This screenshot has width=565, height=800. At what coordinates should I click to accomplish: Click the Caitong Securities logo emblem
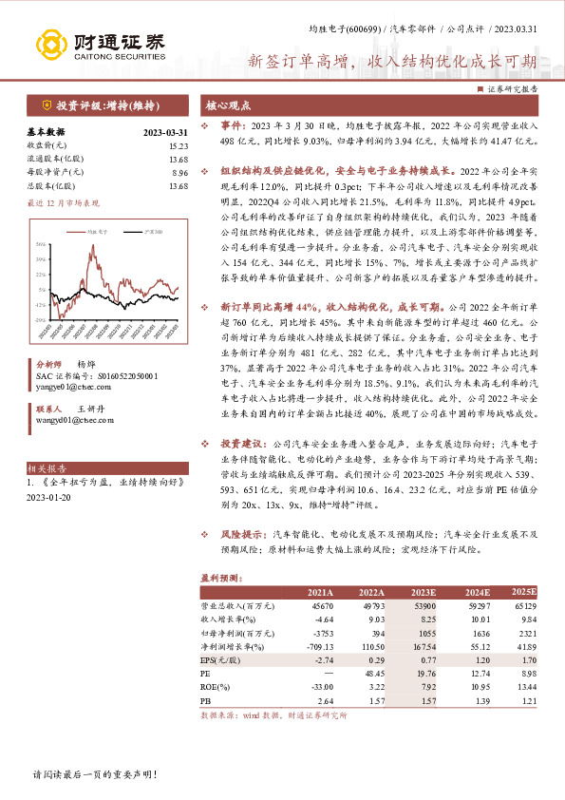point(52,43)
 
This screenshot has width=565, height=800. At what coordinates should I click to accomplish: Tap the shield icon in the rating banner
point(47,105)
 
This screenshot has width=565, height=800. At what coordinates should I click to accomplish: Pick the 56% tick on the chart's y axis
point(41,244)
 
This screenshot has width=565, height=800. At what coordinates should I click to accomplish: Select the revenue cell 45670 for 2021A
point(320,604)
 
